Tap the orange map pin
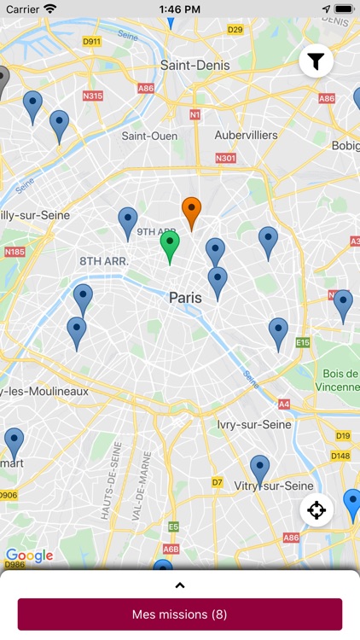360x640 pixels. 192,211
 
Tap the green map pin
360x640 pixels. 170,245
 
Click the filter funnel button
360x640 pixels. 316,61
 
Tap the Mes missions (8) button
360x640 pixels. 180,614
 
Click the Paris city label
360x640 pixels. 185,298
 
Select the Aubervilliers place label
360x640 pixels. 247,135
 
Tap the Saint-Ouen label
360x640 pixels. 149,136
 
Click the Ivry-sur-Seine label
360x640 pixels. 254,424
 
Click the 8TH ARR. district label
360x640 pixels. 104,261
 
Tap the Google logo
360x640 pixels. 30,556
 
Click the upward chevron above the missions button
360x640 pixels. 180,585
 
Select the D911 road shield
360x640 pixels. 92,41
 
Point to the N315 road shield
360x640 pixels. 93,96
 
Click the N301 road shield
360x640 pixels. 226,158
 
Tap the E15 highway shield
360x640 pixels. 303,342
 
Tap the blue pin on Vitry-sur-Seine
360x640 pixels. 260,468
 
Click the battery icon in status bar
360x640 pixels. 343,9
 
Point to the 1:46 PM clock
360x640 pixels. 179,9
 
